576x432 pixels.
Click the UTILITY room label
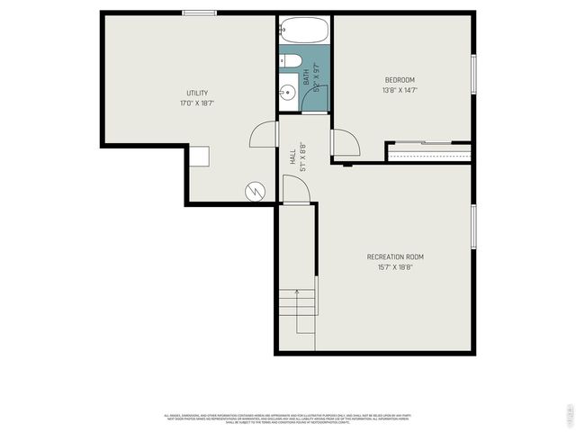pyautogui.click(x=197, y=94)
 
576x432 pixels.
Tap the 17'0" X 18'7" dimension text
pyautogui.click(x=197, y=103)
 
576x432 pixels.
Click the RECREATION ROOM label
pyautogui.click(x=395, y=256)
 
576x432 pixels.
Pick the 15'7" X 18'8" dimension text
pyautogui.click(x=395, y=266)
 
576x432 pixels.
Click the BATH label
pyautogui.click(x=306, y=78)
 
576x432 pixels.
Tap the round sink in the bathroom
pyautogui.click(x=288, y=91)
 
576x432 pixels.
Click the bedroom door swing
pyautogui.click(x=345, y=143)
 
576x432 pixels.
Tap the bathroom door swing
pyautogui.click(x=316, y=97)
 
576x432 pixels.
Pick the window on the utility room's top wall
pyautogui.click(x=199, y=13)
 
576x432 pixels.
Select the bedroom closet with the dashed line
pyautogui.click(x=429, y=152)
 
